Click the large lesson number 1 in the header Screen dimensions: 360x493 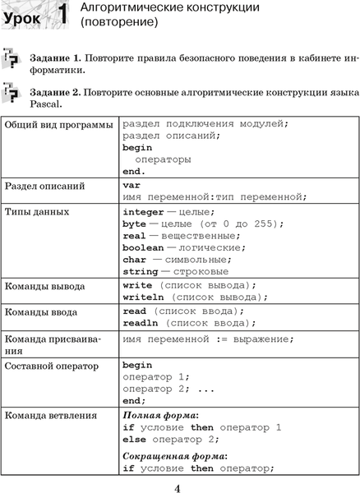pos(61,16)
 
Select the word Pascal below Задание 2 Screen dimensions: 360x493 pos(44,104)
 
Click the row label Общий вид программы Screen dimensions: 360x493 pos(59,124)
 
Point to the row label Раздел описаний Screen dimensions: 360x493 pos(44,186)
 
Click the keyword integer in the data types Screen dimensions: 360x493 pos(143,211)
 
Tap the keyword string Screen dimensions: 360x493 pos(140,271)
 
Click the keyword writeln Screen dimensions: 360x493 pos(143,297)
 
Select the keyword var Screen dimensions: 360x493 pos(132,185)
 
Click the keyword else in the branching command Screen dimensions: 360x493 pos(134,440)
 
